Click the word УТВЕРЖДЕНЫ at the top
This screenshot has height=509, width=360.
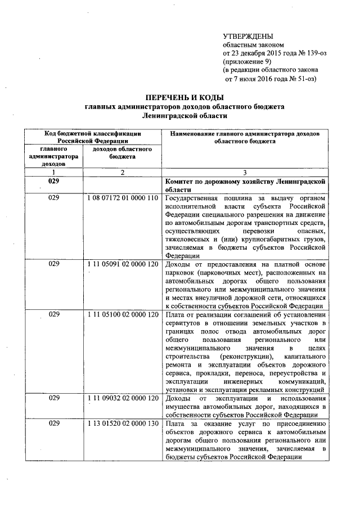(249, 35)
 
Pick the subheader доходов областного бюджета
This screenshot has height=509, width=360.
(122, 153)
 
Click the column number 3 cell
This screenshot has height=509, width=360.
(245, 172)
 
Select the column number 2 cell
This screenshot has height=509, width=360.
(122, 172)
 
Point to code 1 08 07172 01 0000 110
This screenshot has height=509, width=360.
(122, 199)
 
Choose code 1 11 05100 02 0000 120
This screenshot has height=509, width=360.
(122, 314)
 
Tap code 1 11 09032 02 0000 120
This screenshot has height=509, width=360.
(122, 398)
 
